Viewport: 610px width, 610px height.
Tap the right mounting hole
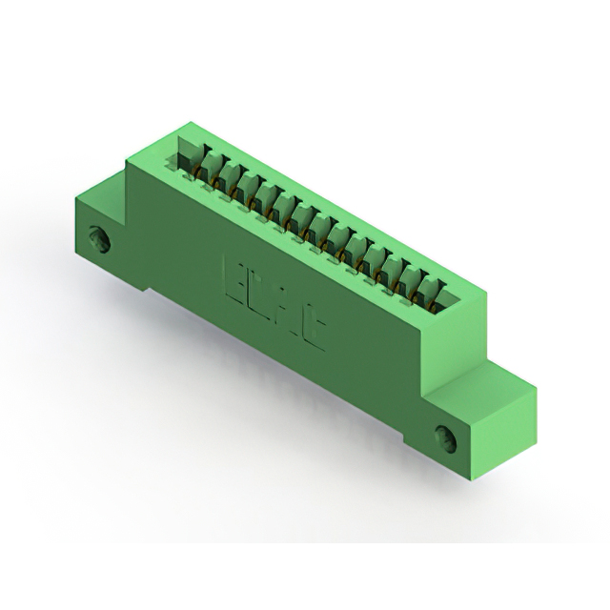click(x=448, y=436)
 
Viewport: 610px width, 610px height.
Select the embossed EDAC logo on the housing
click(x=274, y=301)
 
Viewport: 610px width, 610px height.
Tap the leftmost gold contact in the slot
click(x=196, y=173)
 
